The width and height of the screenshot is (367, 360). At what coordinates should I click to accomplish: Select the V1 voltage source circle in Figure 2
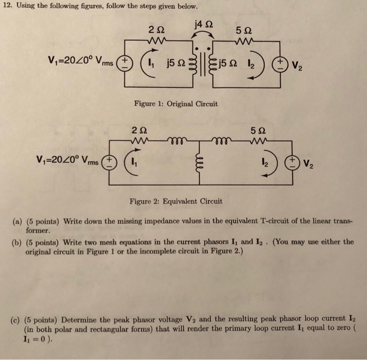(110, 160)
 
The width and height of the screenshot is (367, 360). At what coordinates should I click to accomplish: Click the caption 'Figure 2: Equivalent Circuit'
(176, 201)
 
